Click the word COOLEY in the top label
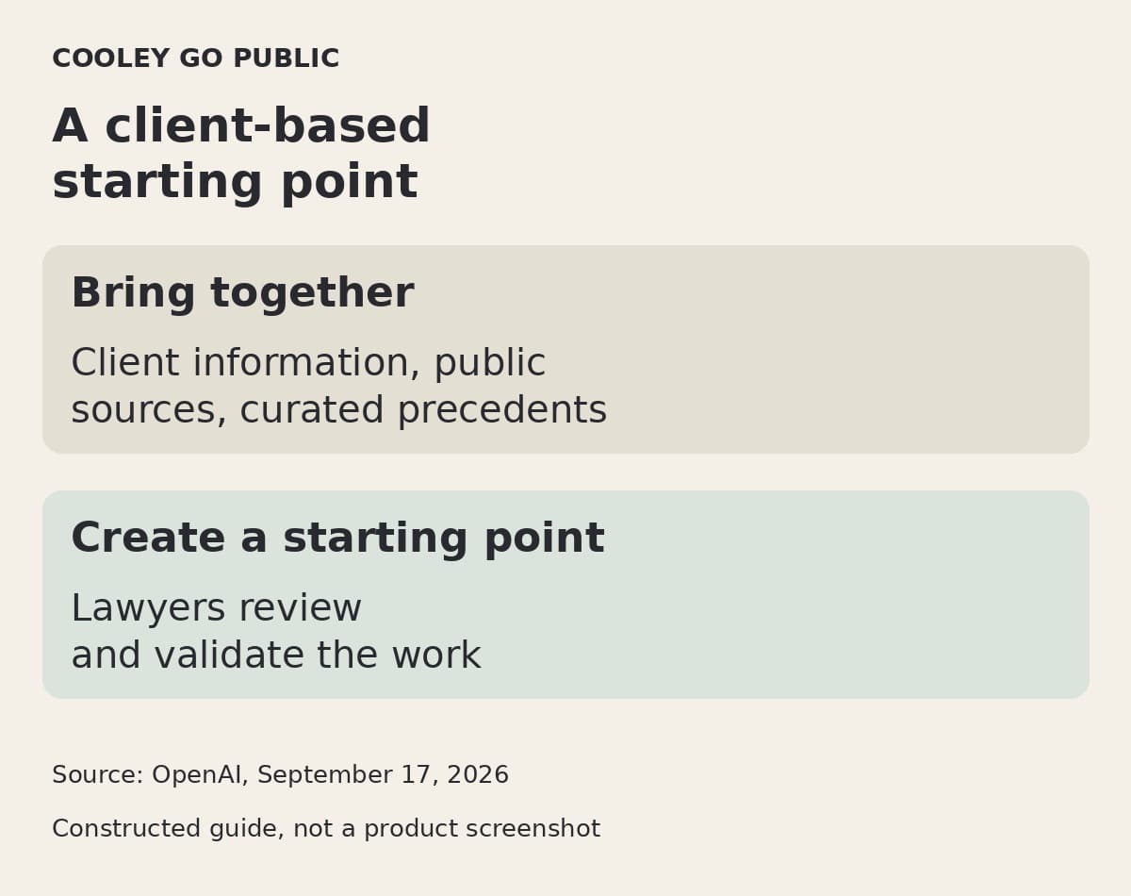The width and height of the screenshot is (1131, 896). [x=111, y=58]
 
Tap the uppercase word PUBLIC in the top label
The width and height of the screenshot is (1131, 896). [x=287, y=58]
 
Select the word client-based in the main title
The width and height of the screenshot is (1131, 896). [x=268, y=125]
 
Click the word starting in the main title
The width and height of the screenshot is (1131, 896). [x=157, y=182]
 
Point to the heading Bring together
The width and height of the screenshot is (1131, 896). [x=243, y=292]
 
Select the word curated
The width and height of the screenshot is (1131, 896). [x=312, y=409]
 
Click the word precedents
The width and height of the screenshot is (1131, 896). [x=502, y=409]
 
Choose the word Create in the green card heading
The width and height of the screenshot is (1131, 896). [x=149, y=538]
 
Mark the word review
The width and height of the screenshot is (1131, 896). [x=300, y=609]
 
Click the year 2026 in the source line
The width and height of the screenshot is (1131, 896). [x=478, y=774]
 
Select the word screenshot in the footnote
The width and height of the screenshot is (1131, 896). [x=533, y=828]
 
